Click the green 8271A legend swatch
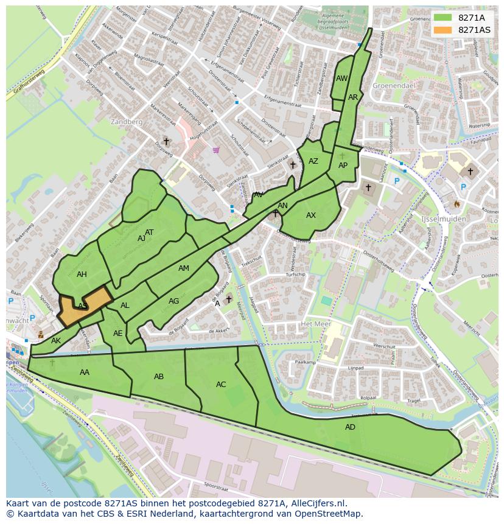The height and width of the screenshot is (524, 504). [x=442, y=17]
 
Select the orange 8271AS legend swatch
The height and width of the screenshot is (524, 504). [x=442, y=30]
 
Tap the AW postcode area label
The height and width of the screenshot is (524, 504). [x=341, y=79]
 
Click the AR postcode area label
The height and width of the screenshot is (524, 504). [x=353, y=97]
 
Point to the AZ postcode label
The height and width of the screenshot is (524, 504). [x=313, y=161]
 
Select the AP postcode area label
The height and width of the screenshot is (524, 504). [x=343, y=166]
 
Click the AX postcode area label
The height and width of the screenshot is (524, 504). [x=311, y=215]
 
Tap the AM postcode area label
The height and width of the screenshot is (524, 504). [x=184, y=268]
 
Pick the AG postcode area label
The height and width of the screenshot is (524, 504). [x=174, y=301]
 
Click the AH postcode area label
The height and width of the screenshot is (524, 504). [x=82, y=274]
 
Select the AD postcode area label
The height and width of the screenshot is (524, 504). [x=350, y=427]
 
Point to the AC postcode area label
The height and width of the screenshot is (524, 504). [x=221, y=385]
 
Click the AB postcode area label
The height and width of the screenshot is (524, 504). [x=159, y=377]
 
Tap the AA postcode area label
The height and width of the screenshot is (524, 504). [x=85, y=372]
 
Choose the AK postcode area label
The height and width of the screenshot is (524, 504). [x=56, y=341]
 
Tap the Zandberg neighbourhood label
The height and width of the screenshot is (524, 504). [x=127, y=122]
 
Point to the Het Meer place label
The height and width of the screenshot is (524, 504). [x=315, y=324]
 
